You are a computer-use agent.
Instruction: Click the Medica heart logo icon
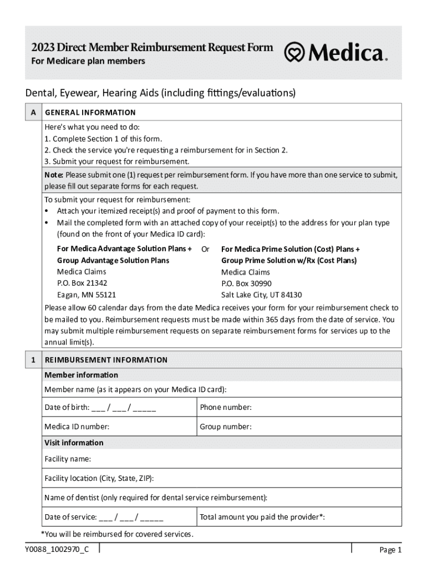tap(294, 53)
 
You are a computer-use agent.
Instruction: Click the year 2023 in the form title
tap(43, 47)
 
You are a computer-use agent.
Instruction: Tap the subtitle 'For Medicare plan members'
tap(88, 61)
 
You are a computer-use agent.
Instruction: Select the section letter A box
tap(33, 112)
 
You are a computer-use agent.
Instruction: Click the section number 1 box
tap(33, 359)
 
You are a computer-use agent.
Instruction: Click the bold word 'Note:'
tap(54, 175)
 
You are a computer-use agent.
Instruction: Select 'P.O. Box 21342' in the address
tap(82, 283)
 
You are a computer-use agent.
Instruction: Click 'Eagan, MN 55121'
tap(86, 295)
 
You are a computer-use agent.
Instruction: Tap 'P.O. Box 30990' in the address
tap(246, 283)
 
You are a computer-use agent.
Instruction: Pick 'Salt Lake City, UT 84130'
tap(261, 295)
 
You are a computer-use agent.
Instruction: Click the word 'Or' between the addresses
tap(205, 249)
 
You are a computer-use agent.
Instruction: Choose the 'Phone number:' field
tap(299, 407)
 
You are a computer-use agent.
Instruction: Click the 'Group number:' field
tap(299, 427)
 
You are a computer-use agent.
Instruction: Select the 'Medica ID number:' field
tap(120, 427)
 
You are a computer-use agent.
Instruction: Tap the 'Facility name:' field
tap(222, 459)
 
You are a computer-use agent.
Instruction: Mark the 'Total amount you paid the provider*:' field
tap(299, 517)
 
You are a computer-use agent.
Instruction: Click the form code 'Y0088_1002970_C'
tap(56, 549)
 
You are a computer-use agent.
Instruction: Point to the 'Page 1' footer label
tap(390, 550)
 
